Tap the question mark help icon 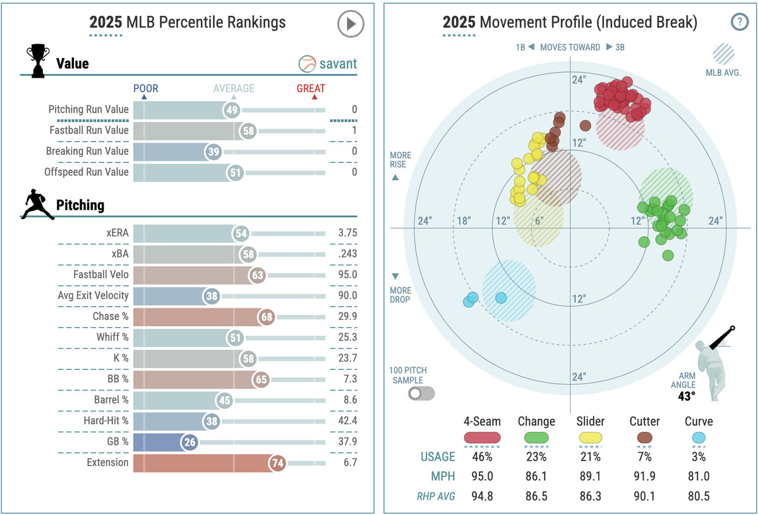[x=738, y=23]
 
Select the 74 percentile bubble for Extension [x=277, y=463]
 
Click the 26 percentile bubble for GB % [x=189, y=442]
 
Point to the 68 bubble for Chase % [x=265, y=317]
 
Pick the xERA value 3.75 [x=347, y=233]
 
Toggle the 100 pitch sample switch [x=421, y=394]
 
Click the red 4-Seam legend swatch [x=482, y=437]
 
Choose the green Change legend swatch [x=536, y=437]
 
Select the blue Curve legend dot [x=698, y=437]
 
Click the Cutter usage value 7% [x=645, y=457]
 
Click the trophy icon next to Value [x=37, y=61]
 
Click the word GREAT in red [x=310, y=88]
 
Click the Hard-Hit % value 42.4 [x=347, y=421]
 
